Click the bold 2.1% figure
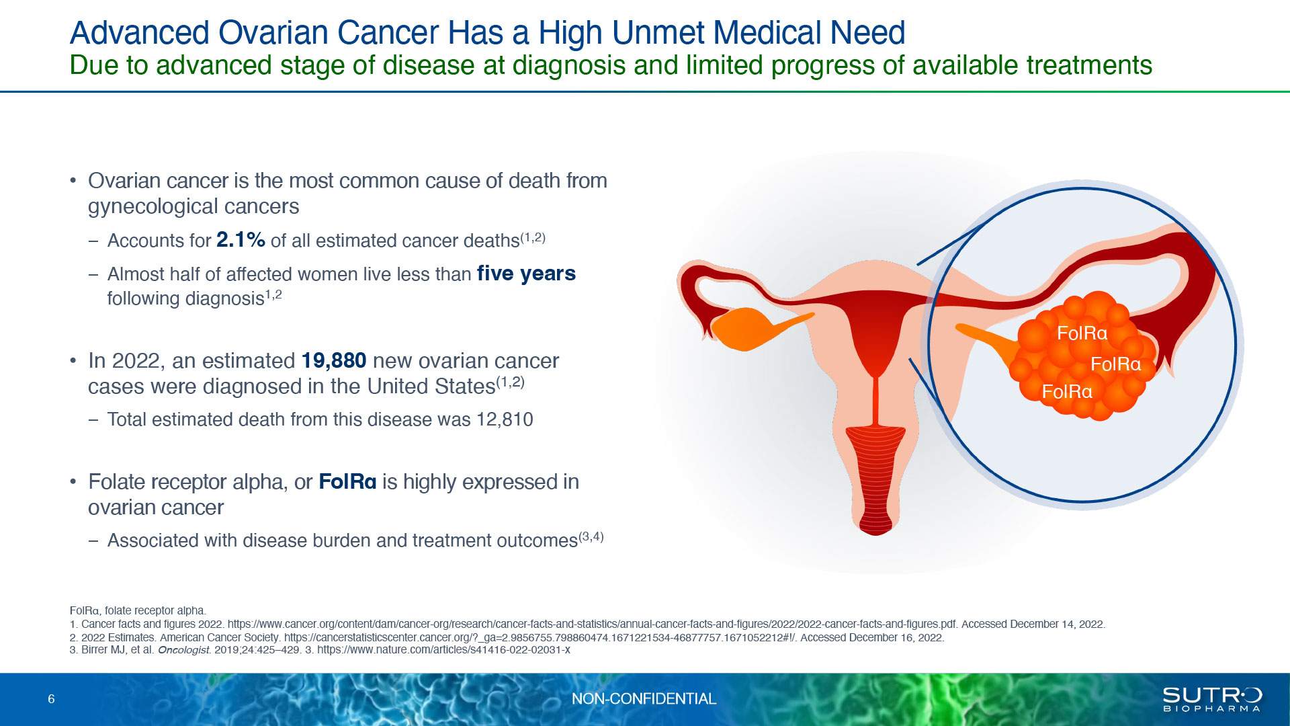[x=241, y=240]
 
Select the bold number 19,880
[x=334, y=361]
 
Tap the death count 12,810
[x=505, y=419]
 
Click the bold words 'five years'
[x=526, y=274]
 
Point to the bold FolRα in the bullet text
[x=347, y=482]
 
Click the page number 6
[x=51, y=699]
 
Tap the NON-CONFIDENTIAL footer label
[x=644, y=699]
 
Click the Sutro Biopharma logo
[x=1212, y=699]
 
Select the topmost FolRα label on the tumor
[x=1082, y=333]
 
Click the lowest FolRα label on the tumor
[x=1067, y=391]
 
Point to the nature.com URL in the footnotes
[x=443, y=650]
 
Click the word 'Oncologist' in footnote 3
[x=184, y=650]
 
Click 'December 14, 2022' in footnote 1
[x=1057, y=624]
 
